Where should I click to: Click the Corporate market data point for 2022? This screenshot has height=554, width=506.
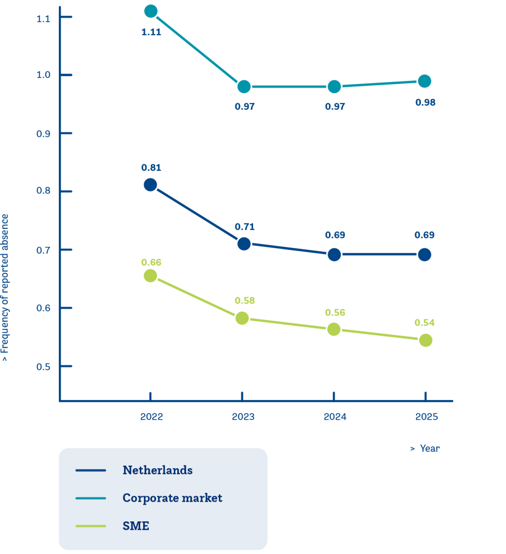(151, 11)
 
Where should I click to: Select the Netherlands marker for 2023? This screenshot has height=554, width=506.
(244, 243)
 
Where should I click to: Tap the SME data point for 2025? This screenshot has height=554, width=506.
(425, 340)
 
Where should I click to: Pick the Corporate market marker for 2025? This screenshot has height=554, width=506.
(424, 81)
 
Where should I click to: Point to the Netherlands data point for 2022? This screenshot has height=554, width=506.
(151, 185)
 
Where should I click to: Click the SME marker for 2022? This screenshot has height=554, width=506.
(150, 276)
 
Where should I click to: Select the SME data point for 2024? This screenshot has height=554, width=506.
(334, 329)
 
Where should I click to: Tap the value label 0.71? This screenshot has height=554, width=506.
(244, 227)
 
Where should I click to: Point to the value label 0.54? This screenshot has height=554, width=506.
(425, 322)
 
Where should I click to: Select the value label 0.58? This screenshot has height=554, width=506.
(244, 300)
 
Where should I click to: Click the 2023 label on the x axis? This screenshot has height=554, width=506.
(243, 417)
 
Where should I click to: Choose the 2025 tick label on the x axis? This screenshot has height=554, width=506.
(426, 417)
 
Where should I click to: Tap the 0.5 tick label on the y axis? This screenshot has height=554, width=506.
(43, 366)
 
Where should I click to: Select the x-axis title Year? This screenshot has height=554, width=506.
(429, 448)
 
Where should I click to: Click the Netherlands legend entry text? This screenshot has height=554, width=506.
(158, 470)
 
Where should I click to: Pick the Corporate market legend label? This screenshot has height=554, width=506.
(172, 498)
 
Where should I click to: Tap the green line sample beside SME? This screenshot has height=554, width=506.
(91, 526)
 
